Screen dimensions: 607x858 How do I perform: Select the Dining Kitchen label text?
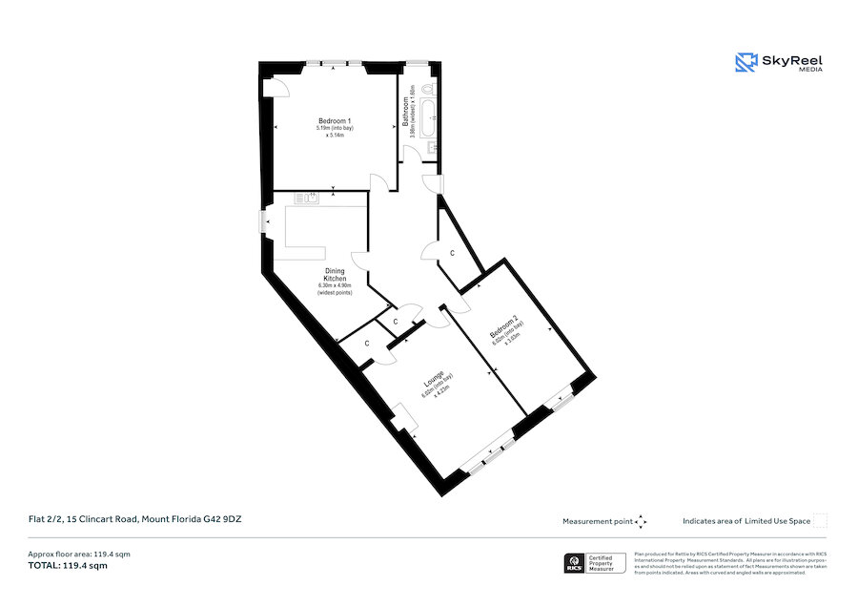point(334,274)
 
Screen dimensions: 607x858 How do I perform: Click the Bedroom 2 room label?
point(501,329)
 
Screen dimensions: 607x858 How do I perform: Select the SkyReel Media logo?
point(778,63)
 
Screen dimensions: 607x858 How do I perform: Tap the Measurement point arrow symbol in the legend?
point(641,521)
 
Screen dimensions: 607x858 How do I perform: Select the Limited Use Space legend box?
point(819,520)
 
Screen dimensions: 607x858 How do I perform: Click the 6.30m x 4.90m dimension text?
point(334,284)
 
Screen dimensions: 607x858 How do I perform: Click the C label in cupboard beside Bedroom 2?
point(452,252)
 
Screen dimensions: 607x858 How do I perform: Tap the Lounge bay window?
point(488,455)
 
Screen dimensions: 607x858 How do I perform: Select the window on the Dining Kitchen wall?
point(264,221)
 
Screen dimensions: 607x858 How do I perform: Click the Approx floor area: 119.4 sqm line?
point(78,555)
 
